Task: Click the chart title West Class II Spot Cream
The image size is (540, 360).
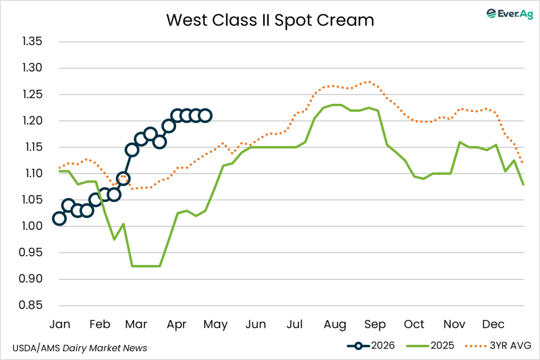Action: click(270, 20)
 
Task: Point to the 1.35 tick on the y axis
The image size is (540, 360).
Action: click(33, 42)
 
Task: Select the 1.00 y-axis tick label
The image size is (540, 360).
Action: click(33, 226)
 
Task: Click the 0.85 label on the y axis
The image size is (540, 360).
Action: click(33, 305)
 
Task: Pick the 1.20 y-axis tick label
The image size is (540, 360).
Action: click(33, 121)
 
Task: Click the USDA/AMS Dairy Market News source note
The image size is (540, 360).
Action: click(80, 348)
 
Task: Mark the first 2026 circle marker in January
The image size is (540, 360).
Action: click(59, 218)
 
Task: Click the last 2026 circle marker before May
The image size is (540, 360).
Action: click(206, 115)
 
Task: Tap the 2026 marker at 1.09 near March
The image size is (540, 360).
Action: click(123, 179)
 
